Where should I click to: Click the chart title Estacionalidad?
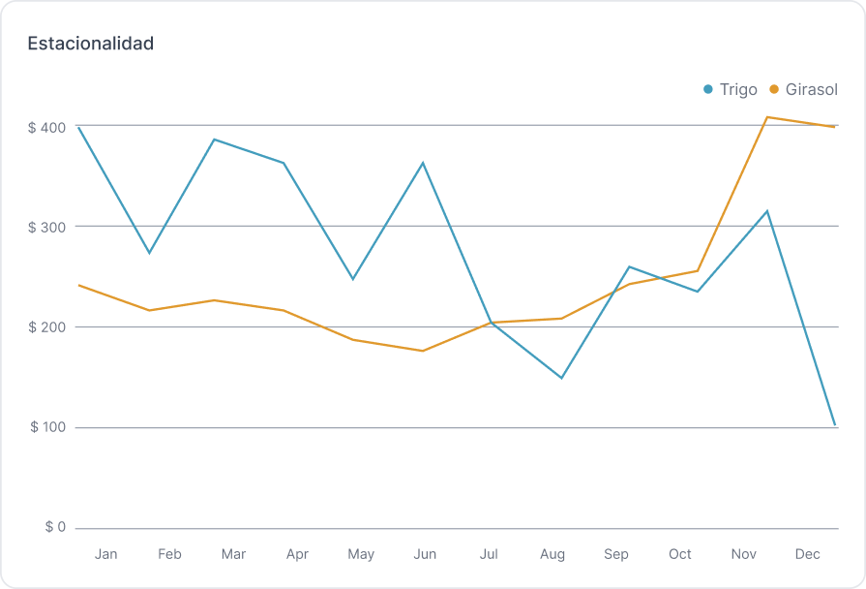click(x=91, y=44)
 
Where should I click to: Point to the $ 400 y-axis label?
click(x=46, y=128)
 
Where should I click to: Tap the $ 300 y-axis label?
click(x=46, y=227)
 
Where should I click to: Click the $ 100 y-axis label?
click(x=46, y=427)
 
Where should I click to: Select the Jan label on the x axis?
click(x=106, y=554)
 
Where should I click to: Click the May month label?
click(x=361, y=554)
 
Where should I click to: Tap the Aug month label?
click(x=552, y=554)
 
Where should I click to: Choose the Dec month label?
click(x=807, y=554)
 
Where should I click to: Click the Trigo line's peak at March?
click(x=214, y=139)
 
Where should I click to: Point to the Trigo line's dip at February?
click(x=149, y=253)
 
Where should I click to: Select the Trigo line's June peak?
click(x=423, y=163)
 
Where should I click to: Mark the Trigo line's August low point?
click(x=561, y=378)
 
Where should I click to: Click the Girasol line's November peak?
click(x=767, y=117)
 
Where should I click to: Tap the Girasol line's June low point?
click(x=423, y=351)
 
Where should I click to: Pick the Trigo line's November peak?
click(x=767, y=211)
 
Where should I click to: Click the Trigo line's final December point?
click(x=834, y=425)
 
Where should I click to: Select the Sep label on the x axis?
click(x=616, y=554)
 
